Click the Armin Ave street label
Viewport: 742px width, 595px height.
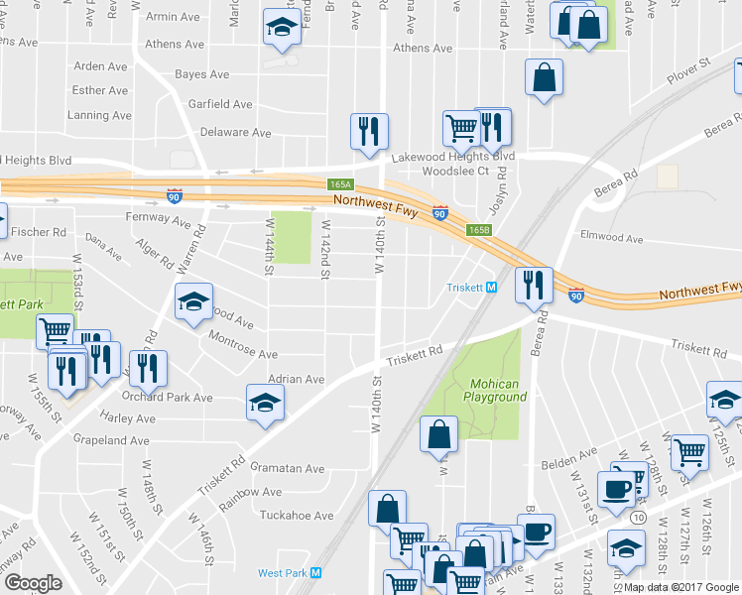pyautogui.click(x=174, y=17)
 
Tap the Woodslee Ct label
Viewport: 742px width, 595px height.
pyautogui.click(x=456, y=171)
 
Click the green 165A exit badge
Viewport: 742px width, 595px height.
pyautogui.click(x=340, y=184)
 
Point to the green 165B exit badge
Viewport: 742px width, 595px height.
pyautogui.click(x=479, y=230)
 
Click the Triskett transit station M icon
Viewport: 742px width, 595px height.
pyautogui.click(x=491, y=288)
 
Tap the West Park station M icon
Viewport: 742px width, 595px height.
pyautogui.click(x=316, y=572)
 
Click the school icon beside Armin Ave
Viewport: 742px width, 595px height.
pyautogui.click(x=283, y=29)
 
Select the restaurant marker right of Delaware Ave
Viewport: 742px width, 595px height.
pyautogui.click(x=369, y=131)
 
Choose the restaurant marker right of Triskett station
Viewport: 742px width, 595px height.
pyautogui.click(x=534, y=285)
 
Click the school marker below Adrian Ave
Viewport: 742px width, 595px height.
pyautogui.click(x=265, y=402)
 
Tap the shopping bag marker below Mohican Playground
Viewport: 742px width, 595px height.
pyautogui.click(x=438, y=433)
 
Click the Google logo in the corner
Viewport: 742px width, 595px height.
pyautogui.click(x=33, y=583)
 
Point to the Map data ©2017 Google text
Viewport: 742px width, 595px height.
pyautogui.click(x=681, y=587)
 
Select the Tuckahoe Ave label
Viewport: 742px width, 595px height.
pyautogui.click(x=296, y=516)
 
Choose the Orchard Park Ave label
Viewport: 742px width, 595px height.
pyautogui.click(x=170, y=398)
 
